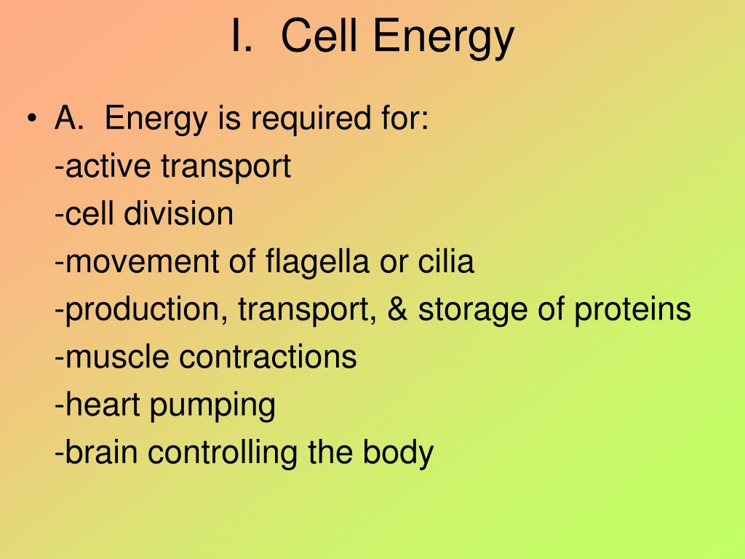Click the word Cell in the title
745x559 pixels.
[319, 36]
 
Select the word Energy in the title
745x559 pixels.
[443, 39]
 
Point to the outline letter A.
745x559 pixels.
[69, 117]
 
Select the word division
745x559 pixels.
[179, 213]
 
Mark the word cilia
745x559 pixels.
[446, 261]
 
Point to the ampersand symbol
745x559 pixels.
[398, 309]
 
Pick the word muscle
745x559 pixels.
[117, 357]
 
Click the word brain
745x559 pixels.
[101, 451]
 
